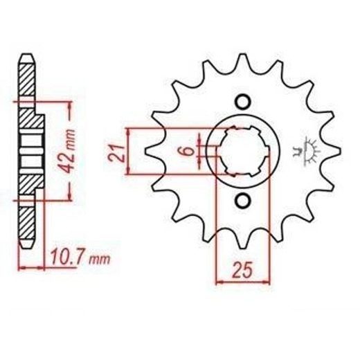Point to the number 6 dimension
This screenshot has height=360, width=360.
[189, 151]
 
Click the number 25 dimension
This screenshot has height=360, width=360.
[242, 270]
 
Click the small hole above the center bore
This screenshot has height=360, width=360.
[243, 101]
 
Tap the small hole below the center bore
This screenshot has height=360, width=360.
[243, 200]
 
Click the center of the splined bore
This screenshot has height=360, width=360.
[243, 151]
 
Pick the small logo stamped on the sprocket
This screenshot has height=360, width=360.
[306, 151]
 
